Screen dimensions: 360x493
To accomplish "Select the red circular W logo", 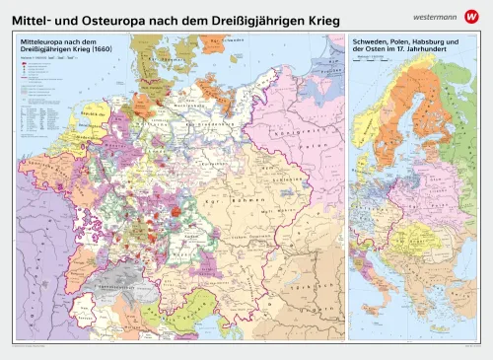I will (474, 13).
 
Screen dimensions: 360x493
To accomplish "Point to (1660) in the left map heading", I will (91, 50).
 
